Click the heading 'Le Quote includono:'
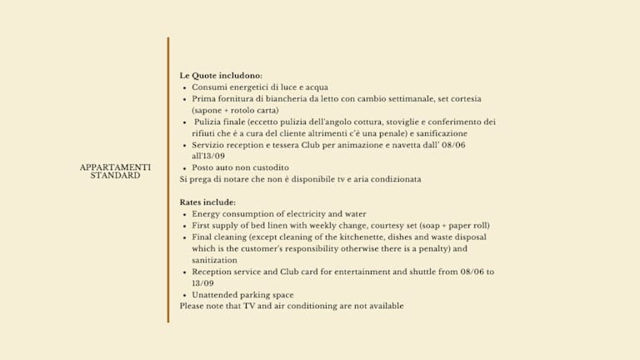(221, 75)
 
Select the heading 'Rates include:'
(207, 202)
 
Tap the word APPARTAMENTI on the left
(115, 167)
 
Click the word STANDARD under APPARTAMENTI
(115, 176)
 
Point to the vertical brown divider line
(167, 179)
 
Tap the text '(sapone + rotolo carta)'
(235, 110)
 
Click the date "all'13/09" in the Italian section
(208, 156)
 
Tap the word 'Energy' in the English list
(207, 214)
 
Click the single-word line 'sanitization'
(215, 260)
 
